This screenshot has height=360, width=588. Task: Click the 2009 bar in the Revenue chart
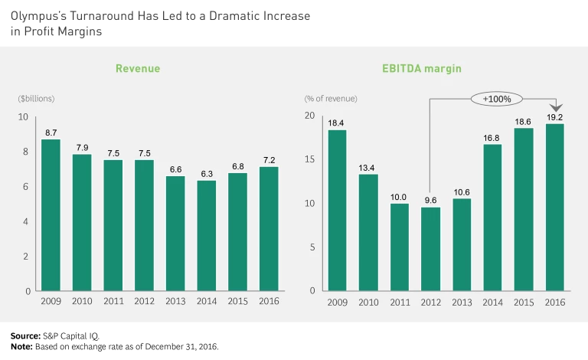(51, 215)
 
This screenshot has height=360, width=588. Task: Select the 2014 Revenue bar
(207, 236)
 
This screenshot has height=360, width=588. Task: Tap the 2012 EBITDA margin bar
(431, 249)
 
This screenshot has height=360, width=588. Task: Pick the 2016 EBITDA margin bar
(555, 208)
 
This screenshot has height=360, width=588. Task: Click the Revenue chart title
(138, 69)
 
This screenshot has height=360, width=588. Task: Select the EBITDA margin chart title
(422, 69)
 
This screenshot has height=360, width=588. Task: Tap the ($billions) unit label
(36, 99)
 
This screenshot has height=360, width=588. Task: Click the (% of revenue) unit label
(331, 99)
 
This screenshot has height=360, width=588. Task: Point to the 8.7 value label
(51, 133)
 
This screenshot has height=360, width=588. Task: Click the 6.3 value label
(207, 174)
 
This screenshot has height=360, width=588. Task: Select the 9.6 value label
(431, 201)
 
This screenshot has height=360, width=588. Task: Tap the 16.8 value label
(493, 138)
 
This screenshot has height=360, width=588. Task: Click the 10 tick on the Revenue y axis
(23, 117)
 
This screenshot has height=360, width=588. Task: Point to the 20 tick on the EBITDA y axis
(309, 116)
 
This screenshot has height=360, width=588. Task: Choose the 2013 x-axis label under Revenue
(175, 302)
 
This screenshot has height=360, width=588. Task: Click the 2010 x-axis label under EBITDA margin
(368, 302)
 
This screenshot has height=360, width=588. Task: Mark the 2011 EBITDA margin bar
(400, 247)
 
